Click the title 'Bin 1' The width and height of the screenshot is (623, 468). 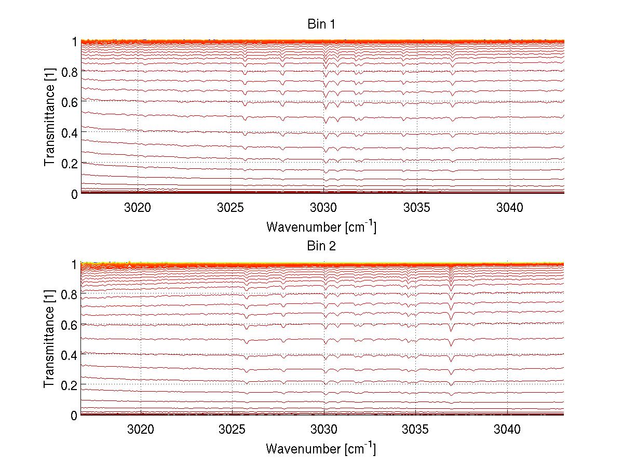tap(321, 24)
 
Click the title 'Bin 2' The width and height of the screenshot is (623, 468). tap(321, 246)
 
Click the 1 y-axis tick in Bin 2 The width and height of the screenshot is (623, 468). tap(74, 264)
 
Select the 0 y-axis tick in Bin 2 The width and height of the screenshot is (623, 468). tap(74, 415)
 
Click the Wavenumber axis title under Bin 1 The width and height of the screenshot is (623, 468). tap(321, 226)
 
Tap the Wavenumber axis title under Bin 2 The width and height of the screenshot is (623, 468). tap(321, 448)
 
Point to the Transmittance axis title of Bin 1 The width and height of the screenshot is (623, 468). tap(49, 117)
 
